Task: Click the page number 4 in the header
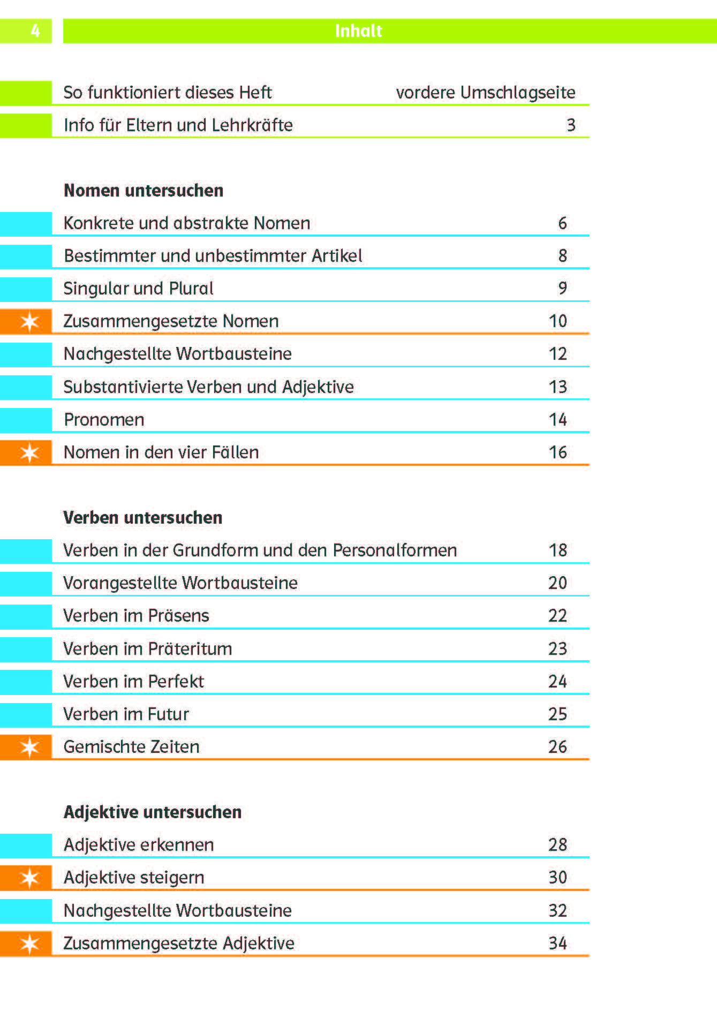point(35,31)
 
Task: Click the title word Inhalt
point(358,31)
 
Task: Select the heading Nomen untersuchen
point(143,191)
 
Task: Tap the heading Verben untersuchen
point(142,518)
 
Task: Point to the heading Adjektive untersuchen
point(153,812)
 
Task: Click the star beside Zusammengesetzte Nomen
point(29,322)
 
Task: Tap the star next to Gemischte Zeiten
point(29,747)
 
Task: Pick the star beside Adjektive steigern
point(29,878)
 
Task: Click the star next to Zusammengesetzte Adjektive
point(29,943)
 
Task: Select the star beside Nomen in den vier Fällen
point(29,453)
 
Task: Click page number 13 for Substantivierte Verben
point(557,387)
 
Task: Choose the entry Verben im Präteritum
point(147,649)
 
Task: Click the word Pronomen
point(104,420)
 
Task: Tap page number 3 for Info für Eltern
point(571,125)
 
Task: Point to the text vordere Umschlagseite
point(485,93)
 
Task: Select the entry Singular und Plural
point(138,289)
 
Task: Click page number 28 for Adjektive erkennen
point(557,845)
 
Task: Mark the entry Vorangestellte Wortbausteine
point(180,583)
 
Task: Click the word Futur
point(168,714)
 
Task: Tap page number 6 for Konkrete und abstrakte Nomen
point(562,223)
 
